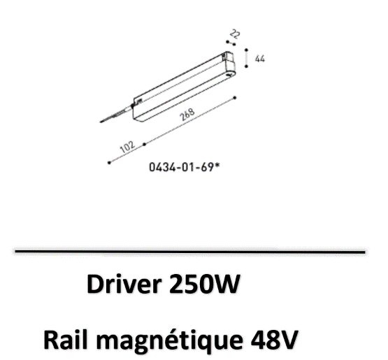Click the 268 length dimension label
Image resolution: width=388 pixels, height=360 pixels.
[187, 115]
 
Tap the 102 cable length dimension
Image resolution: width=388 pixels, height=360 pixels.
[127, 147]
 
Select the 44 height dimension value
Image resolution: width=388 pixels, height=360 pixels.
[260, 59]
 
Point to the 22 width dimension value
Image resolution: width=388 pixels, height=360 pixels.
[235, 34]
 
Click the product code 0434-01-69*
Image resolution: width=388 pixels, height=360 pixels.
[185, 167]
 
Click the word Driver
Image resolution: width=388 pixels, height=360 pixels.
[124, 284]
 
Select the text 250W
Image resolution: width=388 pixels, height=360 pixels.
[204, 284]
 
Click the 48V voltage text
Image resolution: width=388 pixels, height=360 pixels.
[273, 340]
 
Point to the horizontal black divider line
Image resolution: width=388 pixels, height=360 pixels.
[190, 252]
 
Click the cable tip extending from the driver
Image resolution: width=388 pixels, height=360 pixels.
[101, 122]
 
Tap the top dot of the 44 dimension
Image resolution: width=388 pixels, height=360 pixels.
[247, 50]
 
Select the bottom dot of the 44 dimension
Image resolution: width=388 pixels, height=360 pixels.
[246, 66]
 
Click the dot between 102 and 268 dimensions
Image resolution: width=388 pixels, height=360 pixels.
[145, 144]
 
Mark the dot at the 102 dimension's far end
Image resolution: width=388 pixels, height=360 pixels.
[109, 163]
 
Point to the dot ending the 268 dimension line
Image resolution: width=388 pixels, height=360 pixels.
[235, 98]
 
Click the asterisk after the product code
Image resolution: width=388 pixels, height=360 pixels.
[217, 165]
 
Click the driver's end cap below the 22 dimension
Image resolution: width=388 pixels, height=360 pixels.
[230, 64]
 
